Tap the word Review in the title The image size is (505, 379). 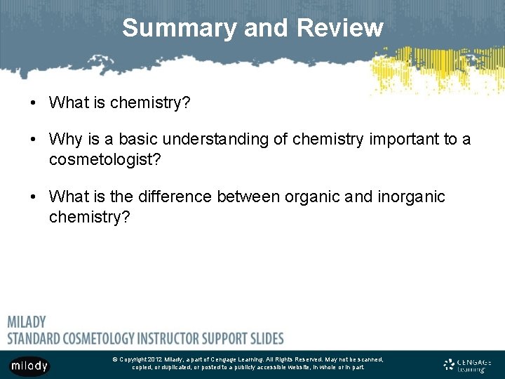340,28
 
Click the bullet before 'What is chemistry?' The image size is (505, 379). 34,103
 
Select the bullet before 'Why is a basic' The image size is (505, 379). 34,140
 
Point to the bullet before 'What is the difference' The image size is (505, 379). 34,197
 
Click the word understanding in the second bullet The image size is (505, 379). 199,140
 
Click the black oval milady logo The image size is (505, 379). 29,366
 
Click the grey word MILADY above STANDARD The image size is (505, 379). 27,322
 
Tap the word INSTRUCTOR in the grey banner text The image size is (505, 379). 177,338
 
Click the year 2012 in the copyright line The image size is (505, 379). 155,359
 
